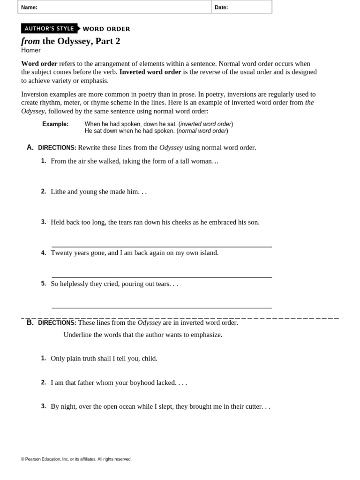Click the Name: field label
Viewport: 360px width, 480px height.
coord(29,7)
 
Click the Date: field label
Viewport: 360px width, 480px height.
coord(221,7)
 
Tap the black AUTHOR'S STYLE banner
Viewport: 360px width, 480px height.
coord(49,29)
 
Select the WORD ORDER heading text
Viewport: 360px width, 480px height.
coord(106,29)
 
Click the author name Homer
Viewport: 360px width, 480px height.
coord(31,50)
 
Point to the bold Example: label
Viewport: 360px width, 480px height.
coord(55,124)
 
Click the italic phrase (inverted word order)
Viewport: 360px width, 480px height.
coord(206,124)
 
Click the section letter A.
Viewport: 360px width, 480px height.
coord(30,147)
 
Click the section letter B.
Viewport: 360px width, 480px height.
coord(30,322)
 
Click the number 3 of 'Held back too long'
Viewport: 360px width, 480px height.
coord(43,222)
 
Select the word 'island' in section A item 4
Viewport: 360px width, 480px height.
coord(208,253)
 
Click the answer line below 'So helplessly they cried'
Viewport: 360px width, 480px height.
coord(161,308)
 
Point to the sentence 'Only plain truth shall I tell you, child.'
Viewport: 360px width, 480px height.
coord(104,358)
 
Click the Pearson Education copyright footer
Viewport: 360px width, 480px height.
coord(76,459)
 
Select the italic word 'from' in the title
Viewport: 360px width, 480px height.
coord(30,41)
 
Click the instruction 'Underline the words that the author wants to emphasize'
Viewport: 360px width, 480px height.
coord(142,335)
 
